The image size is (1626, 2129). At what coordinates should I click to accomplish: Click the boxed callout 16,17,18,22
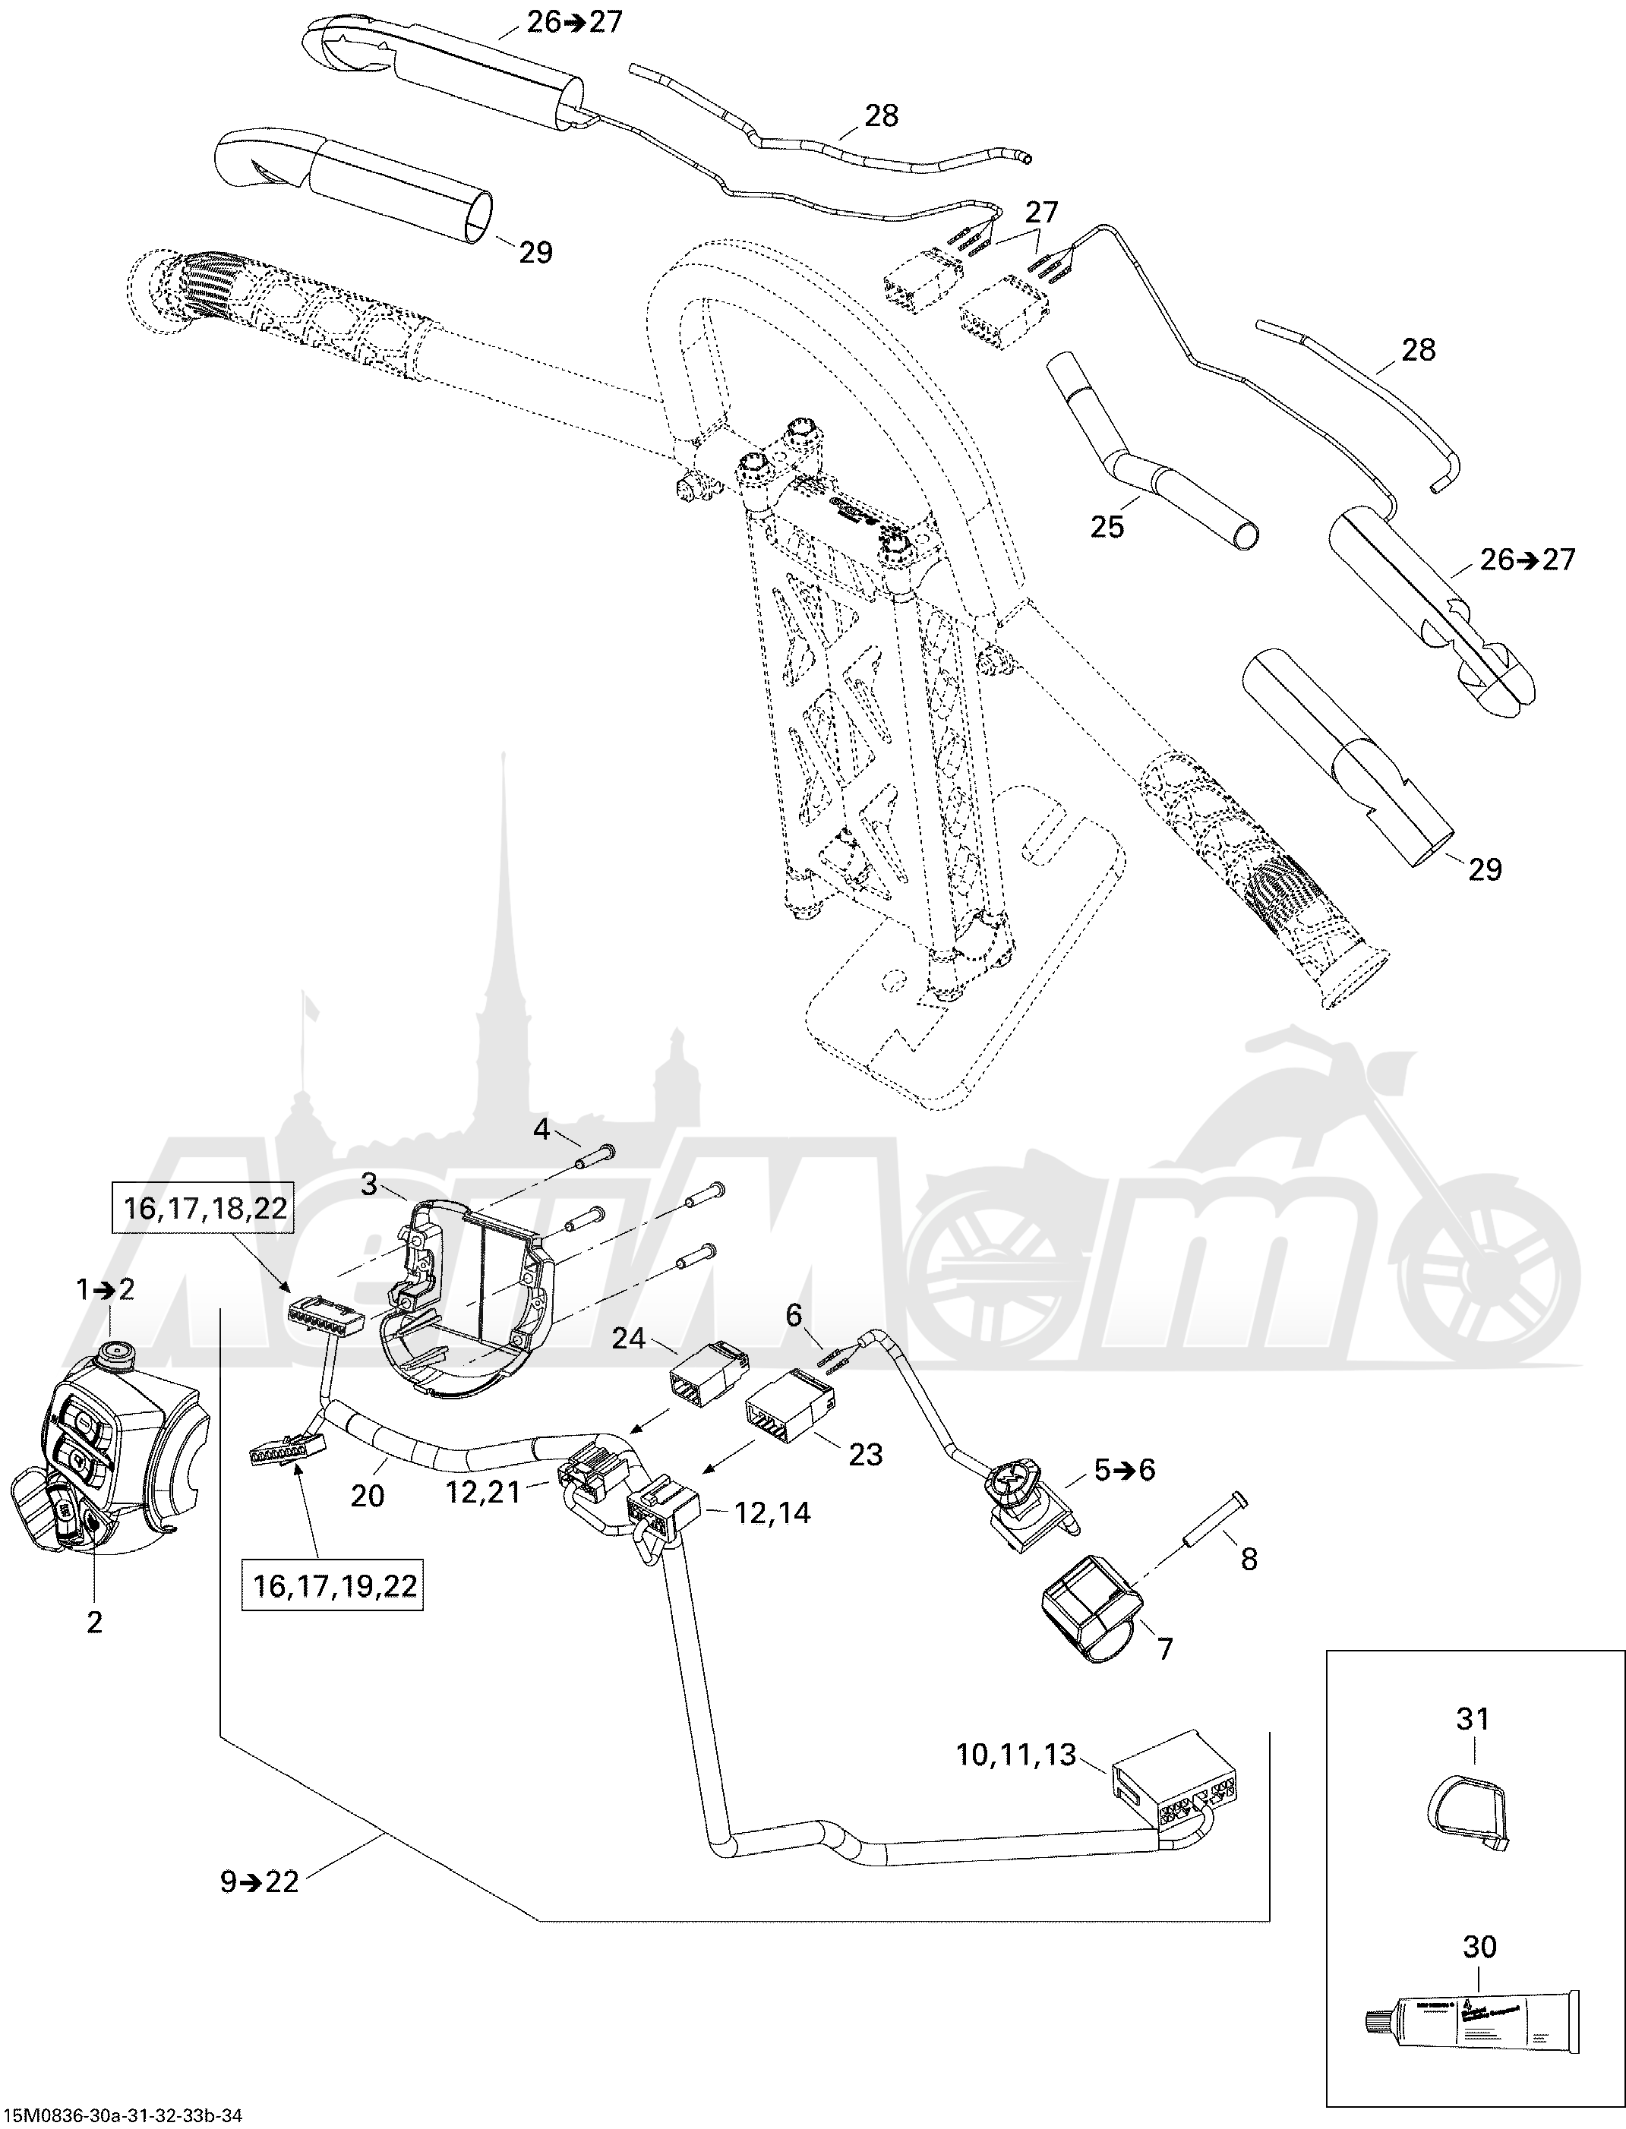point(204,1209)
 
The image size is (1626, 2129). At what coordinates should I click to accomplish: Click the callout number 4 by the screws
point(541,1128)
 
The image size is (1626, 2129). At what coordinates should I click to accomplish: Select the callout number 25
point(1107,525)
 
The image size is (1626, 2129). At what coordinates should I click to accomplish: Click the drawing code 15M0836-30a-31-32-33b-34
point(122,2115)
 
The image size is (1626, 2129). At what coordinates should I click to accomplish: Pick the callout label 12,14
point(772,1512)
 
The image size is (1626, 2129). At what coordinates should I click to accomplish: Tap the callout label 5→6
point(1125,1469)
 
